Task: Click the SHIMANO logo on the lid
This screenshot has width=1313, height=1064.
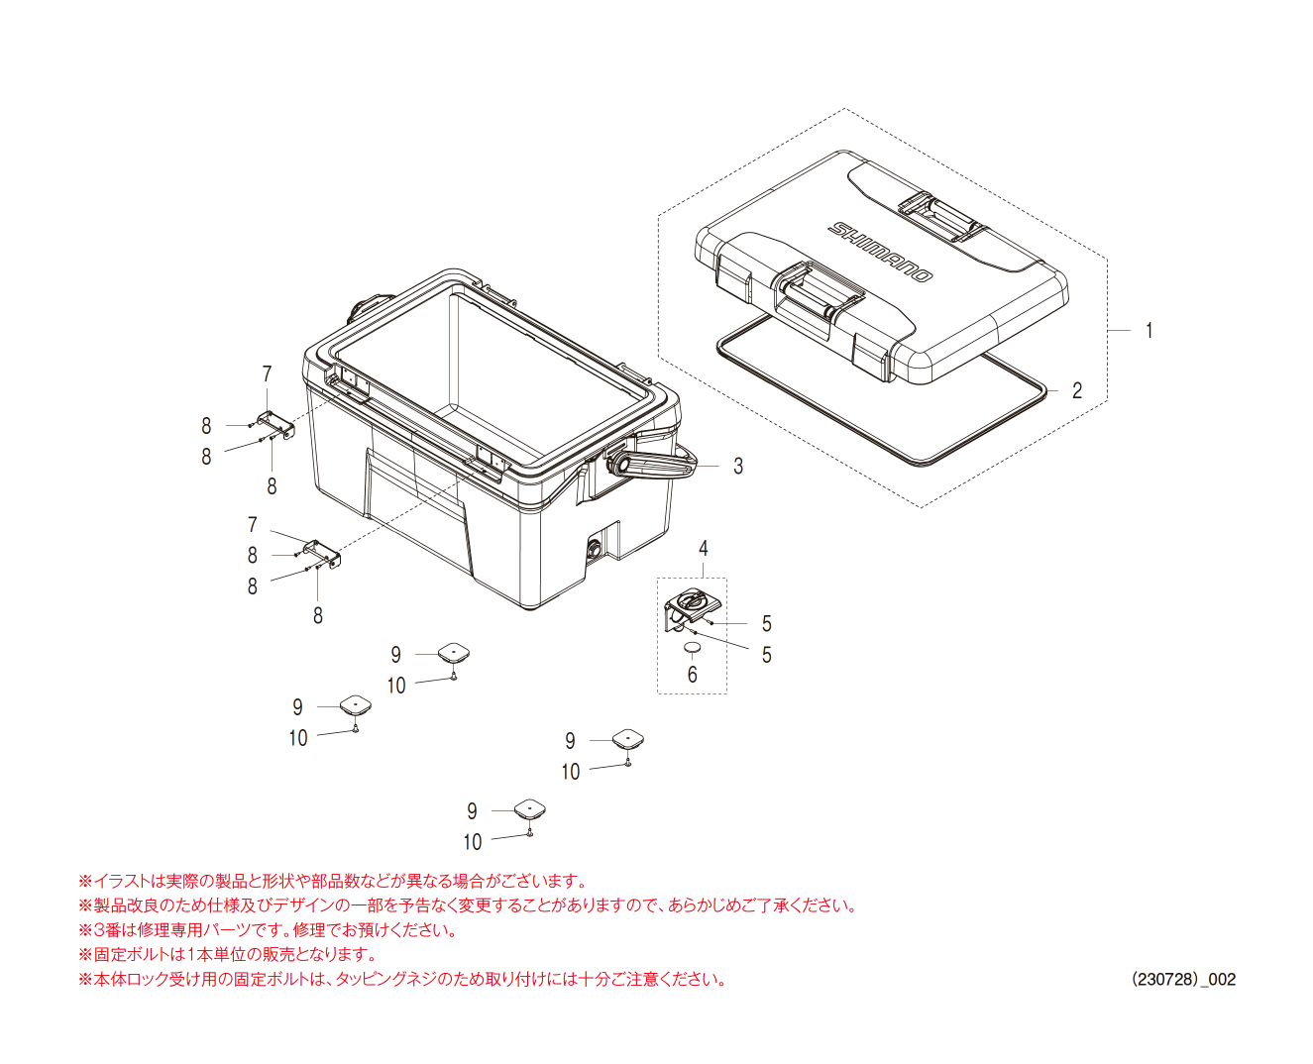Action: [880, 252]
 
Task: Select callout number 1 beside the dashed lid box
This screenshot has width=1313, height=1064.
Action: [1149, 331]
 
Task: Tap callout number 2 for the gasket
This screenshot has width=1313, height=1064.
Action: [1076, 390]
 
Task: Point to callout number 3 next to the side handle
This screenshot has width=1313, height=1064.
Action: [738, 467]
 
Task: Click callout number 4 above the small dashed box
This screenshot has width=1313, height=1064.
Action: [703, 548]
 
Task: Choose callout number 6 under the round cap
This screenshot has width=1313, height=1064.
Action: [693, 675]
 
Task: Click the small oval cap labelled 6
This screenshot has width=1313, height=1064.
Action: [693, 648]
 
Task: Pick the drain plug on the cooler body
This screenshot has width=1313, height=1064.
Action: [595, 548]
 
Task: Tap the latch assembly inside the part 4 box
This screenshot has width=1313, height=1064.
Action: [693, 610]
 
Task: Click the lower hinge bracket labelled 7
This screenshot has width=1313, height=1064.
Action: [321, 553]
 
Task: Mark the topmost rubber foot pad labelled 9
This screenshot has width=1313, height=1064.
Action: [454, 653]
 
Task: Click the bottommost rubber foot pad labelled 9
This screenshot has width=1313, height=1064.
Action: [530, 809]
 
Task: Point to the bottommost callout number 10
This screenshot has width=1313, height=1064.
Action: [473, 842]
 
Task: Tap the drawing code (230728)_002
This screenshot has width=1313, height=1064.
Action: [1183, 979]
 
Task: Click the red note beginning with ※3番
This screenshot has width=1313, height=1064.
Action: [268, 929]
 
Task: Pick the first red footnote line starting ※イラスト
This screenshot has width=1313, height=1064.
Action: [333, 881]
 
